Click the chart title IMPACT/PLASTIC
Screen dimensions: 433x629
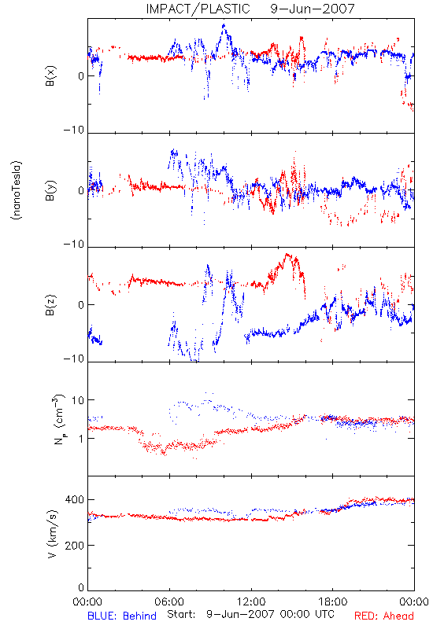click(198, 9)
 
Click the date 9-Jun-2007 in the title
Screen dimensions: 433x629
click(313, 9)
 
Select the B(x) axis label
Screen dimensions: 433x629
click(50, 75)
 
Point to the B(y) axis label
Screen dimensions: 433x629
click(50, 190)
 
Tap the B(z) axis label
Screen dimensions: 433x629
click(50, 305)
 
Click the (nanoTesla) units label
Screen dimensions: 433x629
click(17, 190)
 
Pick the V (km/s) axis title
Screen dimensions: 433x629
click(52, 534)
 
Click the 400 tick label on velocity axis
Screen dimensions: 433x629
click(74, 499)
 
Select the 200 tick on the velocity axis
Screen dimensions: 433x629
click(74, 545)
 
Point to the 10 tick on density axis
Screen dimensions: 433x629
click(78, 400)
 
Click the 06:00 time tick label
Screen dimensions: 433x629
click(169, 601)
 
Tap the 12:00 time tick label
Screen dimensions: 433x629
click(251, 601)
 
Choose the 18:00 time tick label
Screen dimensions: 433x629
click(333, 601)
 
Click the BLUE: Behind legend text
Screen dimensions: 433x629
click(122, 616)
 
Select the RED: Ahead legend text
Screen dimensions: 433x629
click(383, 616)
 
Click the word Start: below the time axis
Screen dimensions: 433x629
click(181, 614)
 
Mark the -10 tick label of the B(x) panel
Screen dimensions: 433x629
click(74, 130)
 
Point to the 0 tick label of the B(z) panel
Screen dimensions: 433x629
click(81, 305)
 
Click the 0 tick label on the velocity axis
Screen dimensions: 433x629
click(81, 587)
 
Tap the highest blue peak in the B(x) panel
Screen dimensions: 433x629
click(224, 25)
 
